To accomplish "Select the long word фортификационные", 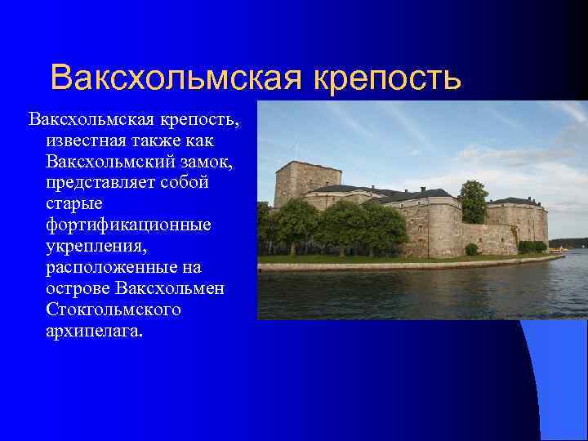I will point(129,225).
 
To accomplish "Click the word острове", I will point(78,288).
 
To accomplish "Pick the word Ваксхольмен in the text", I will point(171,288).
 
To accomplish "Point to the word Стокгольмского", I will point(114,310).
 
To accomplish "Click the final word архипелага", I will point(94,331).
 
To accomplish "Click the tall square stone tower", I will point(305,180).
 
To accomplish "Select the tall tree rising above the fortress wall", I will point(473,201).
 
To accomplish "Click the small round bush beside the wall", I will point(472,249).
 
